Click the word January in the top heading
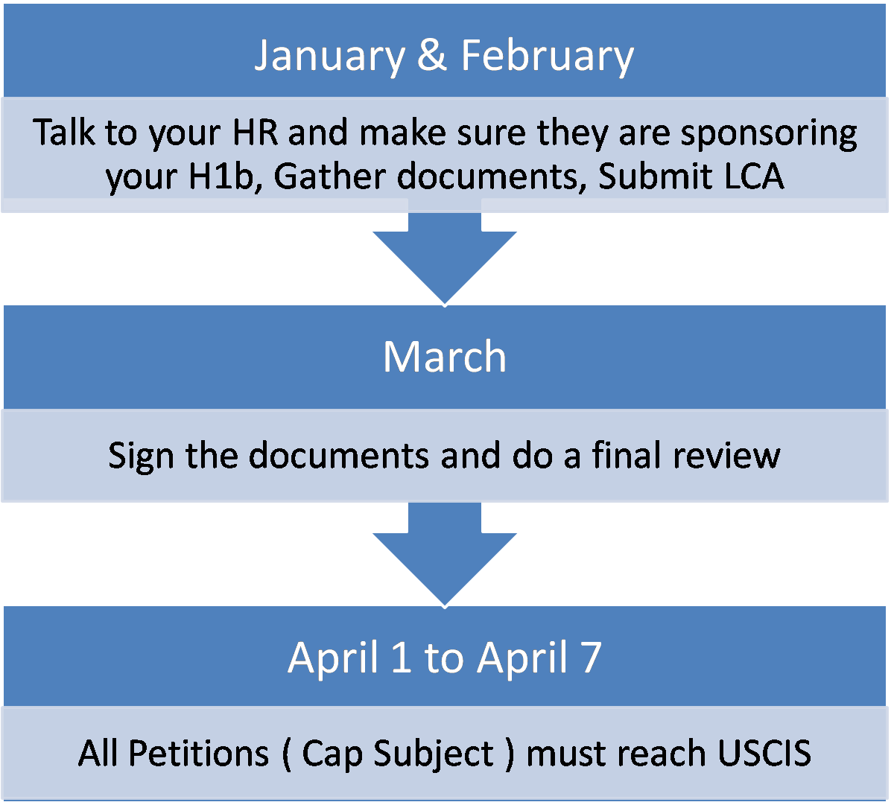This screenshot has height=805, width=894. point(329,56)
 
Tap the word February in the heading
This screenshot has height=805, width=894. point(548,56)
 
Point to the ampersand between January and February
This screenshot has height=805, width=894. point(432,56)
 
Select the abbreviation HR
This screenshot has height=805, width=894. point(257,133)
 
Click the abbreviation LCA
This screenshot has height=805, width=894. point(753,177)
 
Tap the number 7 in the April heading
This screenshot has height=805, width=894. point(590,657)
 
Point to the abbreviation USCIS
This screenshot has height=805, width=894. point(764,753)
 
